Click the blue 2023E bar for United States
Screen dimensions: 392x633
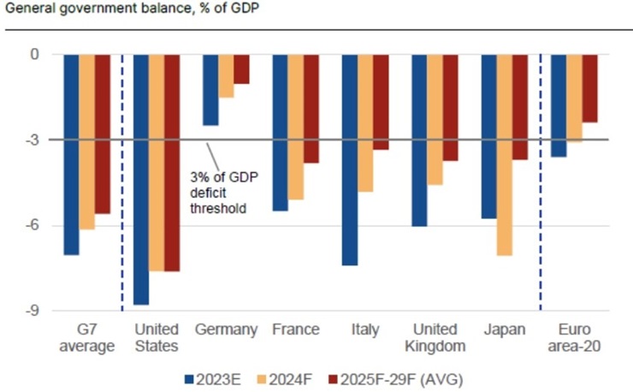pos(141,179)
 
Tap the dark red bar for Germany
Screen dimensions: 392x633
pos(242,68)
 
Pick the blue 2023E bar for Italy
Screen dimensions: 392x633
pos(351,159)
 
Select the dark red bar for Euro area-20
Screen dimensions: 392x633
pos(590,88)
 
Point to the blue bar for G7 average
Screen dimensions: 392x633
pos(71,154)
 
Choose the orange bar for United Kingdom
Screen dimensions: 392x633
pos(435,119)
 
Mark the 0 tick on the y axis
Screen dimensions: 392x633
pos(36,54)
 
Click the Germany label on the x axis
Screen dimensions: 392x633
pos(226,330)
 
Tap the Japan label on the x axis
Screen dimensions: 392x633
pos(504,330)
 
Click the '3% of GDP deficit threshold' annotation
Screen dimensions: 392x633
pos(223,193)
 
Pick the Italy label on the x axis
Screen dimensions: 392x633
pos(365,330)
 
